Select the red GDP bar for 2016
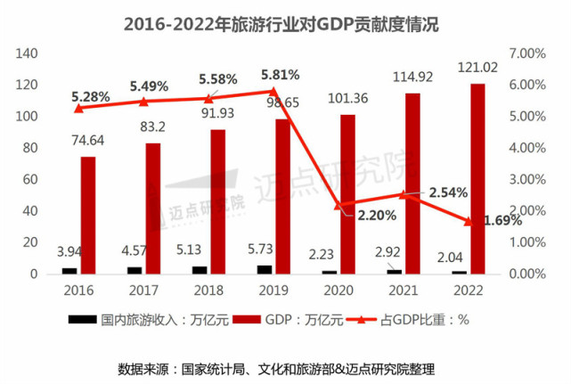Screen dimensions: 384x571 (x=87, y=215)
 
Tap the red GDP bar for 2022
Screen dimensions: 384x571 (x=477, y=178)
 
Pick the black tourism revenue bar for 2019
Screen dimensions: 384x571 (x=265, y=269)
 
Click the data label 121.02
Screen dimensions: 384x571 (x=477, y=67)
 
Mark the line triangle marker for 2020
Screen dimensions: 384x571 (x=339, y=205)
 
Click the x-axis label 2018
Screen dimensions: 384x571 (x=208, y=290)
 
